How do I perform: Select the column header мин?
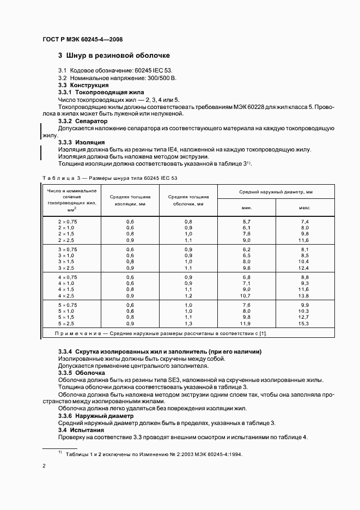coord(247,208)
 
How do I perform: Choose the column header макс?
coord(304,208)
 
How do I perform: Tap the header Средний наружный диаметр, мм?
coord(276,193)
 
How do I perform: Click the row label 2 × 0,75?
coord(68,222)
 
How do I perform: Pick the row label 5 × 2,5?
coord(68,324)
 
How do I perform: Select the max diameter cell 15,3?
coord(304,324)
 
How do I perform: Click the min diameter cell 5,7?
coord(246,222)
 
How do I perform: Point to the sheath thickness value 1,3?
coord(188,324)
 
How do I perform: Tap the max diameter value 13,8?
coord(304,295)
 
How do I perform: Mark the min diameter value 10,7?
coord(246,295)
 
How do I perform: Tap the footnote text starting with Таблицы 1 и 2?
coord(154,453)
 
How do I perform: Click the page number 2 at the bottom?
coord(44,466)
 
